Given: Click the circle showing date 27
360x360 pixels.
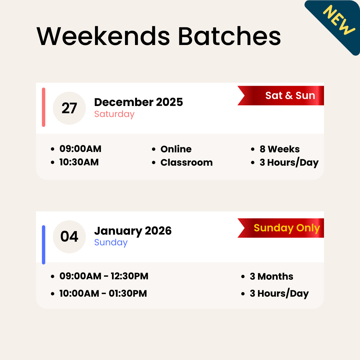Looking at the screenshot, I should point(69,108).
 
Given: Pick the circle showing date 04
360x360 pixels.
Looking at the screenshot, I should point(69,237).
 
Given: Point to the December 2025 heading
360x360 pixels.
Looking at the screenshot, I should point(138,102).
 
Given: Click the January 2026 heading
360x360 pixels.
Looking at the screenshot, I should point(133,231).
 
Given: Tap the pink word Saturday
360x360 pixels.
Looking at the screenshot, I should point(114,114).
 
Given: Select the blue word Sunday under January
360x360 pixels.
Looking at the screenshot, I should point(111,242).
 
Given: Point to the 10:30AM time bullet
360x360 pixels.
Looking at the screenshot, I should point(79,162).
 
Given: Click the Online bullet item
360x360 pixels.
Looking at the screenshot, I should point(176,149).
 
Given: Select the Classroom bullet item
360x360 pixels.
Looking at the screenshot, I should point(186,162).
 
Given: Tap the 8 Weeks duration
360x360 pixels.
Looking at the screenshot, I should point(279,149).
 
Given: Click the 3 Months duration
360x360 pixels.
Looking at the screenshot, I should point(271,276).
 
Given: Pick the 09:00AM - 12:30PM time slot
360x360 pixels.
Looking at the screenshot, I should point(104,276).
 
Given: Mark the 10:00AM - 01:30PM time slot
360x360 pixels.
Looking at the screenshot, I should point(103,294).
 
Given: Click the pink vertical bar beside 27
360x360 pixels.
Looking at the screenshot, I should point(44,107).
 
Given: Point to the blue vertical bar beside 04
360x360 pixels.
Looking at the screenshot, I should point(44,245).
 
